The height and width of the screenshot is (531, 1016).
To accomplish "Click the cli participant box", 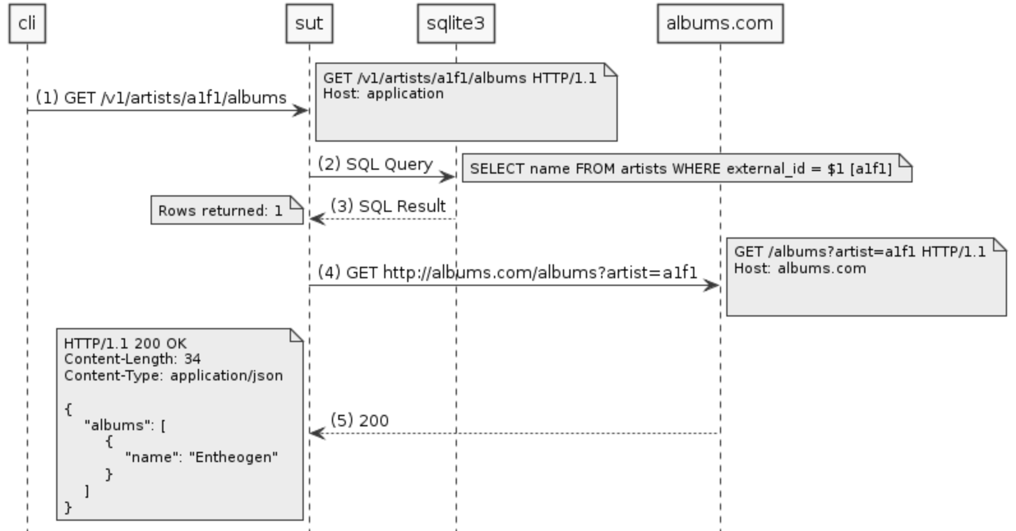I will (x=27, y=24).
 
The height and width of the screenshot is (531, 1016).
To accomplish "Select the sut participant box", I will (x=309, y=24).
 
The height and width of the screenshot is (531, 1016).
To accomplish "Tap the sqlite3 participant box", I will (x=456, y=24).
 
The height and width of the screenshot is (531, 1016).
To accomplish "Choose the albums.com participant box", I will (x=720, y=24).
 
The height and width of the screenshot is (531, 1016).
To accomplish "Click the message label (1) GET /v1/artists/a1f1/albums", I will (x=161, y=98).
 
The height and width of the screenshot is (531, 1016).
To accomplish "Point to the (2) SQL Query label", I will (x=375, y=164).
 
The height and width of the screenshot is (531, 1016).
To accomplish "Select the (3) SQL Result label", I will (x=388, y=206).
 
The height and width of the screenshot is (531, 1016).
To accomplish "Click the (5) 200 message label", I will (x=360, y=421).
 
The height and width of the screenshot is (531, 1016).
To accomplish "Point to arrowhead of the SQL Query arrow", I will (x=449, y=177).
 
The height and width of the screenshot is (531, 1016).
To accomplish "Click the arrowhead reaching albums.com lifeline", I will (x=713, y=285).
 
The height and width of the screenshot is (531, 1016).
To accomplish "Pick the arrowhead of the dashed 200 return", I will (x=317, y=433).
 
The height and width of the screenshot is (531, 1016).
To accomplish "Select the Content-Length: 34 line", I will (x=132, y=359).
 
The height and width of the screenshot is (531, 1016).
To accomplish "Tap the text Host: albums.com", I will (x=800, y=268).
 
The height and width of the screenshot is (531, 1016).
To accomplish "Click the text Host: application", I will (x=383, y=93).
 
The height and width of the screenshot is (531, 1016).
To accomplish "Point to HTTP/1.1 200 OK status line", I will (x=125, y=343).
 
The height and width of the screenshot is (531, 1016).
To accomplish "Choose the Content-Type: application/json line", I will (x=173, y=375).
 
